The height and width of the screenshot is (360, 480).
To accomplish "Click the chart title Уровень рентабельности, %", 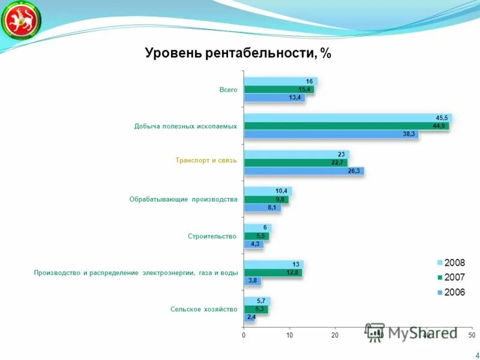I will click(x=238, y=53).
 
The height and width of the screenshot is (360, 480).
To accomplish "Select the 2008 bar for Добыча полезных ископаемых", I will click(x=347, y=118).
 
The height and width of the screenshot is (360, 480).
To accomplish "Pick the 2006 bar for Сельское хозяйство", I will click(x=249, y=317).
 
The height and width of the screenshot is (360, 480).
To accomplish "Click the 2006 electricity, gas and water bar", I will click(x=252, y=280).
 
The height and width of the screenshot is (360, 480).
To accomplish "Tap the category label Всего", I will click(x=228, y=90).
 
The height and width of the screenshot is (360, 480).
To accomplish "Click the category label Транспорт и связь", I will click(x=206, y=161).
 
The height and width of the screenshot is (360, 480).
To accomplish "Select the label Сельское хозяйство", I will click(x=204, y=309).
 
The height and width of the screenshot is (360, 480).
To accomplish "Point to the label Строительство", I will click(x=212, y=236).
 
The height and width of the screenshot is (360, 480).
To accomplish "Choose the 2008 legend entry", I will click(x=451, y=263).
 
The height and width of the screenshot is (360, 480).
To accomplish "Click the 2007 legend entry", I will click(x=451, y=277).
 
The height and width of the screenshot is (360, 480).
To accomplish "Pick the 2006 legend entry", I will click(x=451, y=292).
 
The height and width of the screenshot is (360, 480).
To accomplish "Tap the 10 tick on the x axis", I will click(x=289, y=334).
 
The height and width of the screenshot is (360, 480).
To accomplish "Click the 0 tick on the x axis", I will click(x=244, y=334).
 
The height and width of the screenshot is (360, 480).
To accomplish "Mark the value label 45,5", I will click(x=442, y=118).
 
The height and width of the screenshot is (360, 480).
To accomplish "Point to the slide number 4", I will click(x=476, y=355).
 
